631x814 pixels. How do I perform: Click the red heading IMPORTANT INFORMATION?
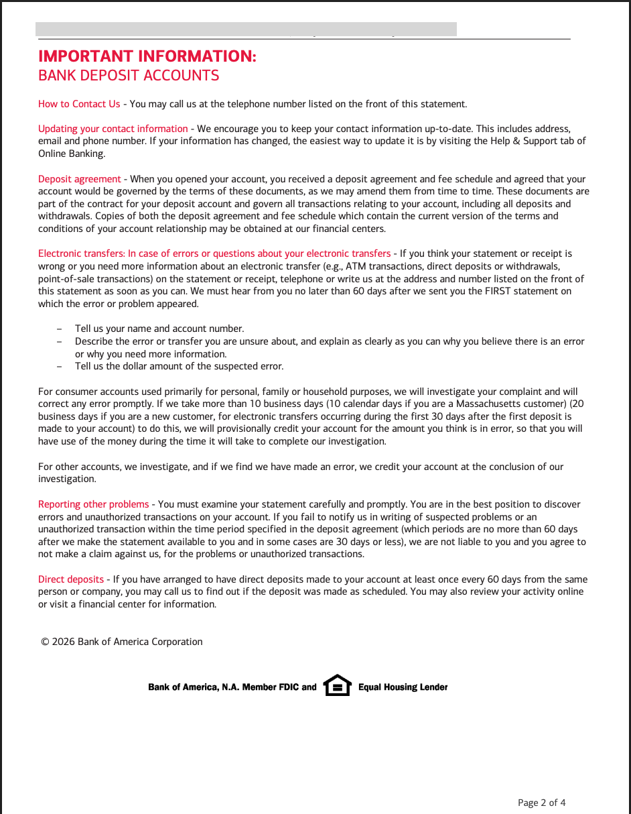click(147, 56)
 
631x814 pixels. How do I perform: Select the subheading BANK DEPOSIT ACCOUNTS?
click(129, 76)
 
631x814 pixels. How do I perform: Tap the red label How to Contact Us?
click(79, 104)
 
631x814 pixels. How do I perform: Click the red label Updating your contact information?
click(113, 129)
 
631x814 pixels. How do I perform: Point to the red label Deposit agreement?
click(79, 179)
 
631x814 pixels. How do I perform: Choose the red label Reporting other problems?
click(93, 504)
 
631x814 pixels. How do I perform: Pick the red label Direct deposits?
click(70, 579)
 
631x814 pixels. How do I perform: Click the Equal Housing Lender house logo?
click(337, 685)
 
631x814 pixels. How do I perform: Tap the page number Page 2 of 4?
click(541, 803)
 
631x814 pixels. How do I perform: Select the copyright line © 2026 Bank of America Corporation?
click(121, 642)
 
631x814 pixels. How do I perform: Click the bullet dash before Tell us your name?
click(60, 329)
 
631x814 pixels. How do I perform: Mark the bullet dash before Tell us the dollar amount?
click(60, 367)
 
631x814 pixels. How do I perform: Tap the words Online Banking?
click(72, 154)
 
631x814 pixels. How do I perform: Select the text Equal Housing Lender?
click(403, 687)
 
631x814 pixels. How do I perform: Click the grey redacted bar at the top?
click(246, 29)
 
